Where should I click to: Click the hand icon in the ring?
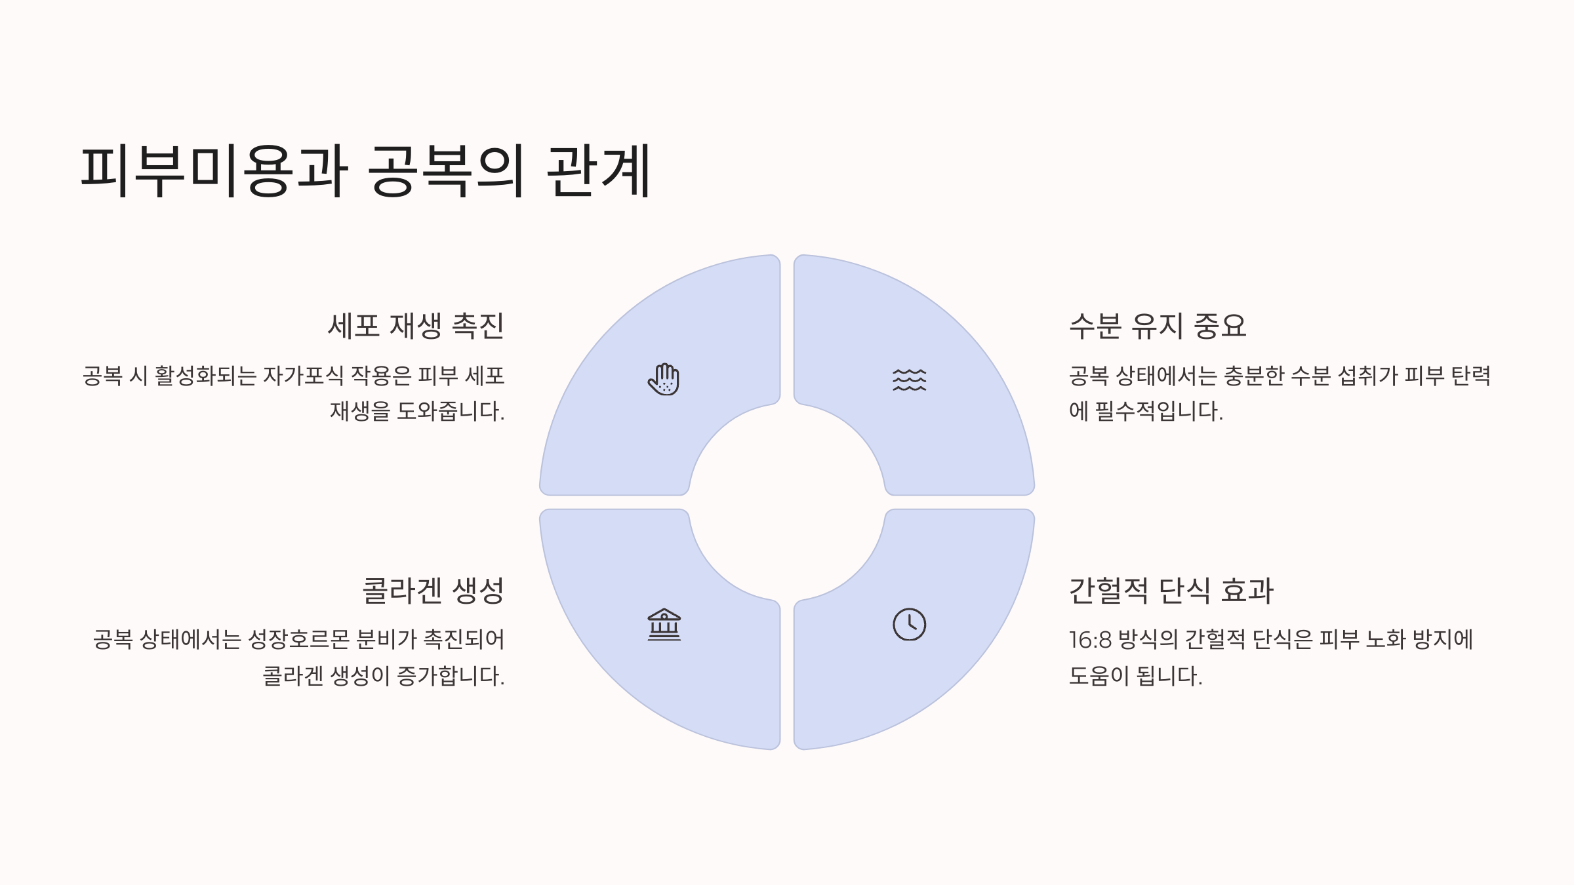(664, 380)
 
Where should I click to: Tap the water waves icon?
(909, 380)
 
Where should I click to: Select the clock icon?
(909, 624)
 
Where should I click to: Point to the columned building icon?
(664, 624)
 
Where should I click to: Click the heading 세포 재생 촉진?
(416, 326)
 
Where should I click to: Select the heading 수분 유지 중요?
(1158, 326)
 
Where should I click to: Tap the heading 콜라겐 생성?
(433, 591)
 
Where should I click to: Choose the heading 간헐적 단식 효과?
(1171, 591)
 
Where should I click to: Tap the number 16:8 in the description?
(1090, 640)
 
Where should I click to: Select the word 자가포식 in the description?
(303, 376)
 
